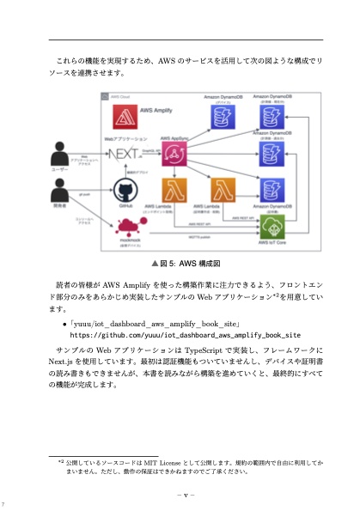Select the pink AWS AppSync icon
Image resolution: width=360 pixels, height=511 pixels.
pos(176,155)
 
